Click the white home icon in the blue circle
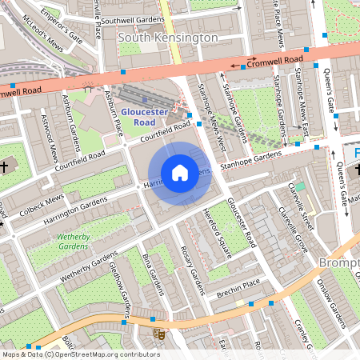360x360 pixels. pos(180,173)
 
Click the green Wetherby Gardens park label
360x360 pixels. pos(74,242)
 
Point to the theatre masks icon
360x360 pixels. pos(158,332)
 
